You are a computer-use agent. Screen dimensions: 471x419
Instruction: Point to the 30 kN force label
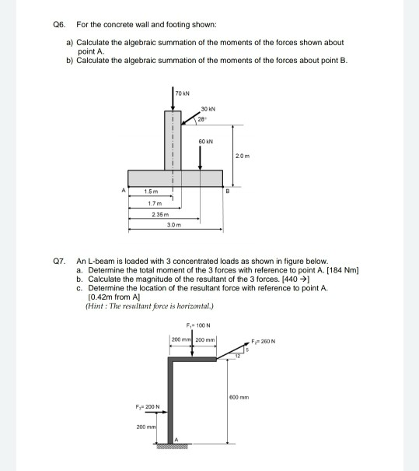tap(208, 107)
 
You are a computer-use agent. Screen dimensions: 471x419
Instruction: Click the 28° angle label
tap(201, 118)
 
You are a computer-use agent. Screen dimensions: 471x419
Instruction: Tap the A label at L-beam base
tap(176, 439)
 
